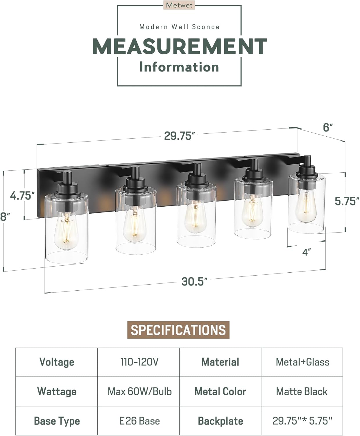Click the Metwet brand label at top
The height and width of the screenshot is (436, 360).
[179, 5]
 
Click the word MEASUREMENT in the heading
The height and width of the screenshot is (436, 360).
[179, 47]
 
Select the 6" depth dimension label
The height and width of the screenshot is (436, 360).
[328, 127]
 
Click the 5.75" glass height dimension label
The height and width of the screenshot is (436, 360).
[347, 201]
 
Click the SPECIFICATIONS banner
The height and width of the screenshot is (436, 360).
[178, 330]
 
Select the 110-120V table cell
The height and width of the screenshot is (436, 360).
[139, 362]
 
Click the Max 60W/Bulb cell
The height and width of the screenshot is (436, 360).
[139, 392]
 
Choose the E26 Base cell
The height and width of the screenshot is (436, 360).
[139, 421]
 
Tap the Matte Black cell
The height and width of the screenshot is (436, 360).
[302, 392]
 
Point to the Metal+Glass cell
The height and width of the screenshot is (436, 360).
[302, 362]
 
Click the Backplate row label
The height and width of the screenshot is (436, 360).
[220, 421]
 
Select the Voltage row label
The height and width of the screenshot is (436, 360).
[57, 362]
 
